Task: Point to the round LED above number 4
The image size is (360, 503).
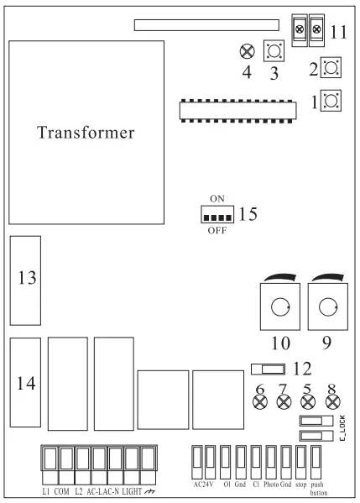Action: tap(247, 51)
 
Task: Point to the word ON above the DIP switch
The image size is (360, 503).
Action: tap(217, 199)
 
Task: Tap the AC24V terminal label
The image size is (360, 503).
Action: tap(203, 485)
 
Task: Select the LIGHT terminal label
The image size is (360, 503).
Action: tap(131, 490)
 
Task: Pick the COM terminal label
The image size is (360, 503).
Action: tap(61, 490)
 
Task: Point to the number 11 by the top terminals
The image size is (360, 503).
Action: tap(337, 33)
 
